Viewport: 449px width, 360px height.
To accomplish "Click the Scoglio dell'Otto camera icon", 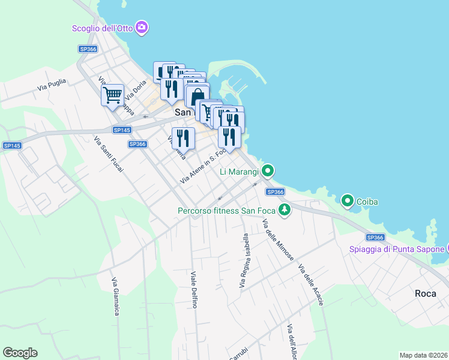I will (142, 27).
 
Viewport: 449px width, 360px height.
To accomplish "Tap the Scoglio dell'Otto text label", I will (103, 28).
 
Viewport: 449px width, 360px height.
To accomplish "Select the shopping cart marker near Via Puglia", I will (112, 95).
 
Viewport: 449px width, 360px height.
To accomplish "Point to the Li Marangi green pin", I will (268, 172).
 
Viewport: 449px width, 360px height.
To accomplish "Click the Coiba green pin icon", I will (348, 201).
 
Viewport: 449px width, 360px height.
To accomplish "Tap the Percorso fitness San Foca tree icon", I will (285, 210).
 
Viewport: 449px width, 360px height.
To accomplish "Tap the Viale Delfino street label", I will (194, 289).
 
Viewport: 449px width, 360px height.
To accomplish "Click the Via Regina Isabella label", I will (244, 260).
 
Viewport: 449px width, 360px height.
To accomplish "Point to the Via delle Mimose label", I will (278, 240).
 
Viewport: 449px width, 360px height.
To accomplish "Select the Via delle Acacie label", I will (310, 285).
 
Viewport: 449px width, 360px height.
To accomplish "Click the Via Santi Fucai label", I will (109, 155).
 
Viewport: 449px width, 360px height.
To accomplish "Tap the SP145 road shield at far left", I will (12, 146).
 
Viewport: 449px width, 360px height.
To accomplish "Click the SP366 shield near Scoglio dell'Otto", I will (88, 49).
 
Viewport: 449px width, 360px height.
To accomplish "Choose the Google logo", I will (20, 353).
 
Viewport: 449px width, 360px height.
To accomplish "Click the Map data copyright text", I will (423, 355).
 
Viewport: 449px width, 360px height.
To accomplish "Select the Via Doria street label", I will (136, 88).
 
